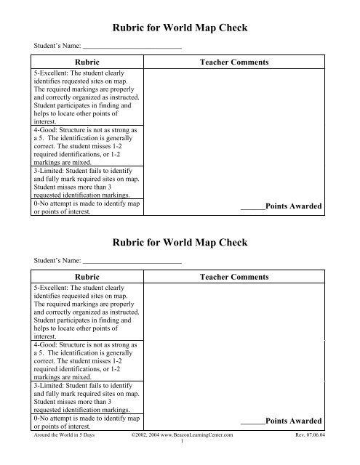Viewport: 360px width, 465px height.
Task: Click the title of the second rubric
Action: (x=181, y=242)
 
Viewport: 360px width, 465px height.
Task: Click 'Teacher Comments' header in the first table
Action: (x=233, y=64)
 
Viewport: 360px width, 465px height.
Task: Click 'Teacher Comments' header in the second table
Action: (x=233, y=277)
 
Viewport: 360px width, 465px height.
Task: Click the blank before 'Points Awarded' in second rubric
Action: (x=252, y=421)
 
